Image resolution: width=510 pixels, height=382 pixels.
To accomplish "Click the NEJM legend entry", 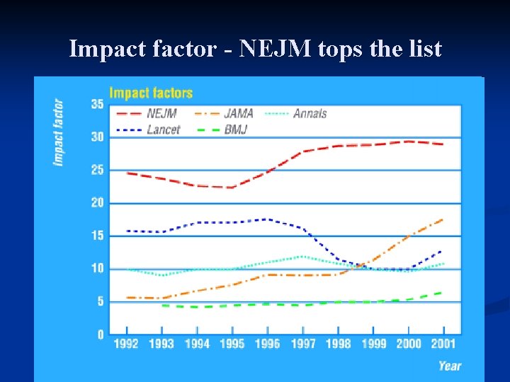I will pyautogui.click(x=162, y=113).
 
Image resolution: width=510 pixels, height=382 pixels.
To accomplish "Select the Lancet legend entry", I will pyautogui.click(x=163, y=129).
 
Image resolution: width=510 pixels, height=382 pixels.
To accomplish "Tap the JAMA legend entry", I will pyautogui.click(x=239, y=113).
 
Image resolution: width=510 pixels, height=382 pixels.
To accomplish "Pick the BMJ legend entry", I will pyautogui.click(x=237, y=129).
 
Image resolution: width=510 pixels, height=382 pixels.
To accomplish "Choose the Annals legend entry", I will pyautogui.click(x=310, y=113).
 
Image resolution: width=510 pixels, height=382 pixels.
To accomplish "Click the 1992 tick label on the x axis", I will pyautogui.click(x=126, y=344).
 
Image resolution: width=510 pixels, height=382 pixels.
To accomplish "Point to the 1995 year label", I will pyautogui.click(x=232, y=344).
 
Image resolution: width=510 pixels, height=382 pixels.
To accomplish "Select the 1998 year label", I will pyautogui.click(x=338, y=344).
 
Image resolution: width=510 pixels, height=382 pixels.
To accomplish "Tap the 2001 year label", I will pyautogui.click(x=443, y=344).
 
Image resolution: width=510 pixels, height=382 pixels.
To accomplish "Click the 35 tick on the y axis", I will pyautogui.click(x=96, y=104).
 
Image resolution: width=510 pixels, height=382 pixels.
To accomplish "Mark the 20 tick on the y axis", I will pyautogui.click(x=96, y=203).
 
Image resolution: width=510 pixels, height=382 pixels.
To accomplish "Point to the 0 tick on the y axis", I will pyautogui.click(x=100, y=335).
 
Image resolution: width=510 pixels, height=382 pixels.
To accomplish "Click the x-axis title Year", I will pyautogui.click(x=449, y=366).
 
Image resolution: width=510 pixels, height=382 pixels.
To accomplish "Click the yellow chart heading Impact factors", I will pyautogui.click(x=150, y=93).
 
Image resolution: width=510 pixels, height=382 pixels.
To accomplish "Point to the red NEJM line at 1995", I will pyautogui.click(x=232, y=187).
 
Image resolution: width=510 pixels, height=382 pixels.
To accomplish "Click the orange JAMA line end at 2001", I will pyautogui.click(x=443, y=219).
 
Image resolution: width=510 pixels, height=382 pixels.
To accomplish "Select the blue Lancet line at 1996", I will pyautogui.click(x=267, y=219).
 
